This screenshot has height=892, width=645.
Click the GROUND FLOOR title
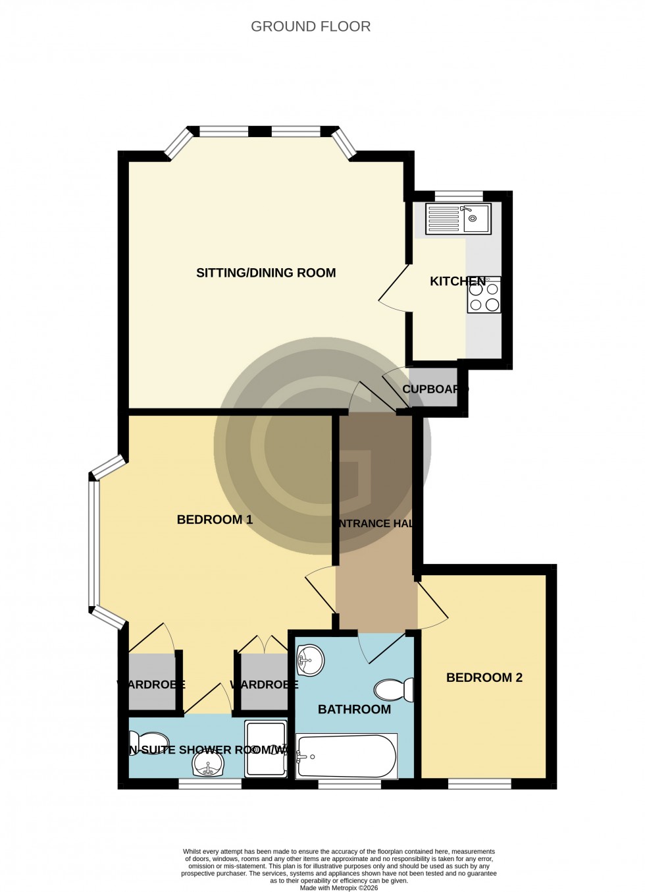click(311, 26)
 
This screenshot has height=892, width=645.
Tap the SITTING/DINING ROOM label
click(266, 273)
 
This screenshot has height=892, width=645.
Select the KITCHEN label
click(457, 281)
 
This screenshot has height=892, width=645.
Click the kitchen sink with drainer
click(458, 218)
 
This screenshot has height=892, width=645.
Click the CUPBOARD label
click(435, 389)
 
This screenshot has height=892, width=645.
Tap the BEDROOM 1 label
click(215, 520)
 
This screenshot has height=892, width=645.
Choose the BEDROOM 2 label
click(484, 677)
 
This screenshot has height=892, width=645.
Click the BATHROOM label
click(354, 709)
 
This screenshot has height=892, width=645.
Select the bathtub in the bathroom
click(346, 756)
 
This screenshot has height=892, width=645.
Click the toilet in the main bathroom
click(394, 690)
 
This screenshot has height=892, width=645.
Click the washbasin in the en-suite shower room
click(209, 765)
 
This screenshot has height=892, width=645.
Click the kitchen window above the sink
click(458, 195)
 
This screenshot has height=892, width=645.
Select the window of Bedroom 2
click(479, 783)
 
